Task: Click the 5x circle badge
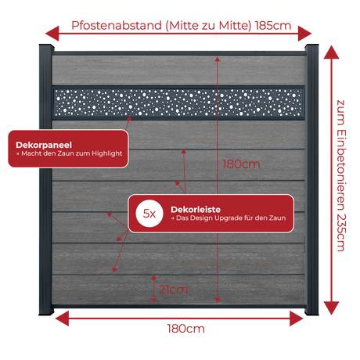[x=149, y=214]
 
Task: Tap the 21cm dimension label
[x=174, y=290]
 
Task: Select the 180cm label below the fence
[x=185, y=329]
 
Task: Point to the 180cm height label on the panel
[x=241, y=164]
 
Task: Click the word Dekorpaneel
[x=44, y=145]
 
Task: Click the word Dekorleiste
[x=196, y=210]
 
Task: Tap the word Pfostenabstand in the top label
[x=117, y=26]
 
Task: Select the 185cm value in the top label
[x=273, y=26]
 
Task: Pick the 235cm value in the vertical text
[x=341, y=232]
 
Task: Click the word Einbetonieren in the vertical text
[x=341, y=170]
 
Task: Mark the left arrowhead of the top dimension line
[x=52, y=34]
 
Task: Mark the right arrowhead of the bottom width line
[x=297, y=319]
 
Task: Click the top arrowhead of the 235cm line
[x=331, y=52]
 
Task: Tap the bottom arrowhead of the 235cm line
[x=331, y=308]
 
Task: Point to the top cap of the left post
[x=46, y=47]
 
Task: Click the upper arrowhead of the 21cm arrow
[x=153, y=278]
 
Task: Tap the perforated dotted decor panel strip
[x=178, y=103]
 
